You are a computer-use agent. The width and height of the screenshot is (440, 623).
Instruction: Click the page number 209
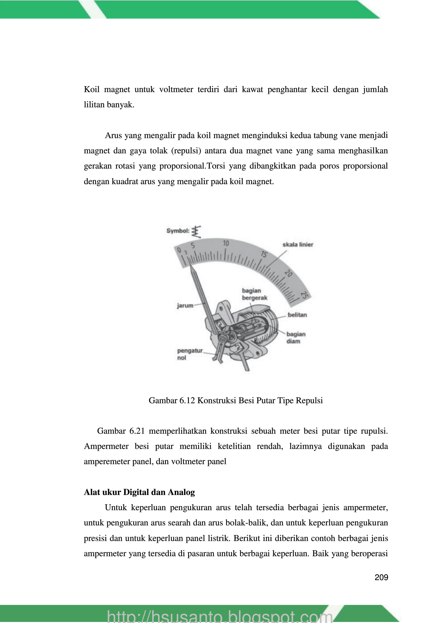click(x=381, y=577)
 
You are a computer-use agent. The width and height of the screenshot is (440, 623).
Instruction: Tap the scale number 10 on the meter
click(x=226, y=243)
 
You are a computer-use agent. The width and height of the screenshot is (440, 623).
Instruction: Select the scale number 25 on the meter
click(x=305, y=295)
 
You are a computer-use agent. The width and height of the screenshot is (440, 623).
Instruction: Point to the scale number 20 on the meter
click(x=288, y=273)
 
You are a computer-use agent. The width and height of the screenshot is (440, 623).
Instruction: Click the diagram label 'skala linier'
click(x=297, y=244)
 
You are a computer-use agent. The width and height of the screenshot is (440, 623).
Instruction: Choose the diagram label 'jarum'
click(x=185, y=306)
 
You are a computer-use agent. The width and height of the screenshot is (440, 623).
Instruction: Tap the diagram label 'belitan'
click(x=297, y=315)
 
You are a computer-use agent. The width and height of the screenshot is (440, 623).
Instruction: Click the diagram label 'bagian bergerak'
click(x=254, y=294)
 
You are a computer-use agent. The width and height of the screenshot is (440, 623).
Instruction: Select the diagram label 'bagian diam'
click(x=296, y=337)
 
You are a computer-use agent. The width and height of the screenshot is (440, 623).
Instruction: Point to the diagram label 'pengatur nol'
click(x=190, y=354)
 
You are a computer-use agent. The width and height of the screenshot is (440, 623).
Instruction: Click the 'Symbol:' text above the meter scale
click(x=178, y=231)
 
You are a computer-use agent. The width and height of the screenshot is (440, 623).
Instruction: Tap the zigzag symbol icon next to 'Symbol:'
click(x=196, y=231)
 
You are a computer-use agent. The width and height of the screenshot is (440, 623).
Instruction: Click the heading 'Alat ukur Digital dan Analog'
click(x=139, y=492)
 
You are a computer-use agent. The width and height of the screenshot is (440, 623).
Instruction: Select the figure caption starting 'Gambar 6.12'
click(x=236, y=400)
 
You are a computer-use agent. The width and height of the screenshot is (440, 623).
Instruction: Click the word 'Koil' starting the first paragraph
click(x=92, y=90)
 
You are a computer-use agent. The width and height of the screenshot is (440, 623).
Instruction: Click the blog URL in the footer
click(x=220, y=616)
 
